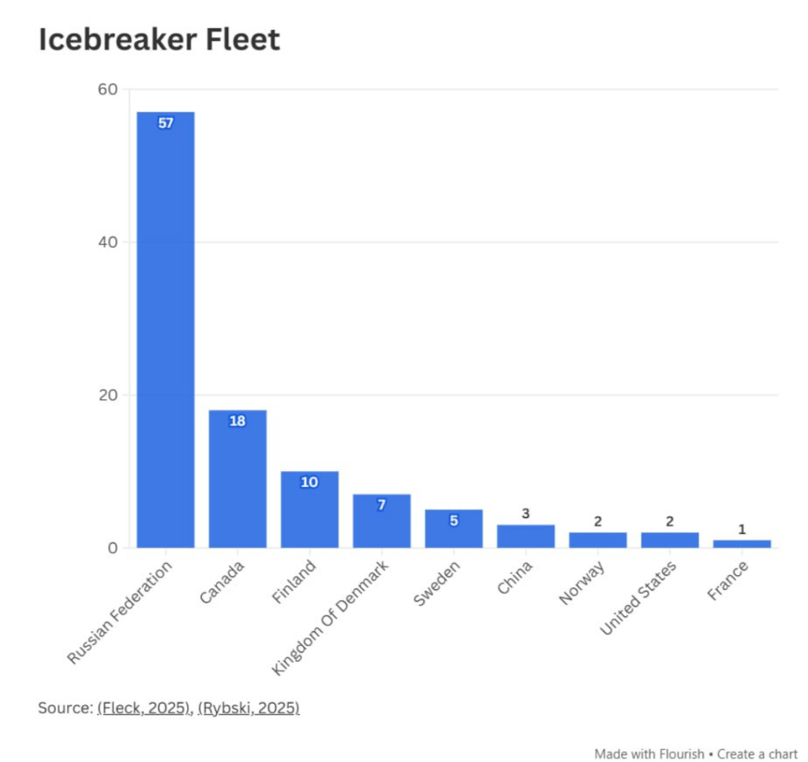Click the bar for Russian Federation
[x=166, y=331]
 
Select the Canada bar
[x=238, y=481]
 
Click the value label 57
[x=166, y=123]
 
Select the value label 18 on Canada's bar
[x=238, y=421]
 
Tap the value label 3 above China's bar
[x=526, y=514]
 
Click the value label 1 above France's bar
[x=742, y=529]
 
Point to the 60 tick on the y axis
[x=108, y=90]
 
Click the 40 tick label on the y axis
[x=108, y=242]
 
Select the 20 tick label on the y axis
[x=108, y=394]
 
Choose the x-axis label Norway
[x=582, y=582]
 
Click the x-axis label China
[x=516, y=577]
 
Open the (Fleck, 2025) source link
[x=144, y=708]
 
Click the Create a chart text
[x=757, y=753]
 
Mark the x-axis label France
[x=728, y=580]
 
